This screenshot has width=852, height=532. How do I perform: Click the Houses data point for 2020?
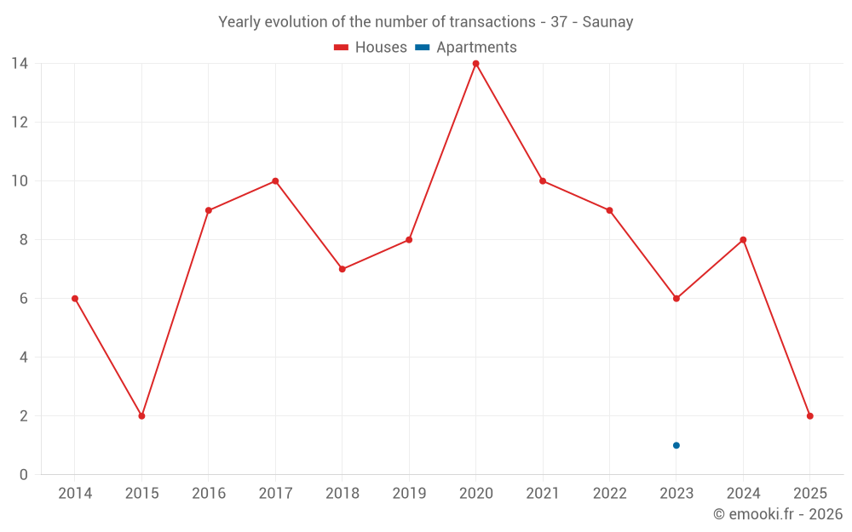coord(475,64)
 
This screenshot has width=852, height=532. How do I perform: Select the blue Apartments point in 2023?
coord(676,445)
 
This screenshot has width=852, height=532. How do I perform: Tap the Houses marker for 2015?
coord(141,416)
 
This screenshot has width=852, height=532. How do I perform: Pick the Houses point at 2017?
coord(275,181)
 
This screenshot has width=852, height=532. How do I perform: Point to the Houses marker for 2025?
coord(810,416)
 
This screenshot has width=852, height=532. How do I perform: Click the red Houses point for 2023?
coord(676,299)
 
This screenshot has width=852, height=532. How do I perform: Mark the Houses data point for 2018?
coord(342,269)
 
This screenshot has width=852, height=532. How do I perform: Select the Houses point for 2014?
coord(75,299)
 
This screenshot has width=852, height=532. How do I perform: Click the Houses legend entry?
coord(371,48)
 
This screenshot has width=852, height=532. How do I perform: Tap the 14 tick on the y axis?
coord(20,64)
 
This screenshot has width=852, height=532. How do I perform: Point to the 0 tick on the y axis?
coord(24,475)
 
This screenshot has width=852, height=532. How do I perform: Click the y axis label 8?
coord(24,240)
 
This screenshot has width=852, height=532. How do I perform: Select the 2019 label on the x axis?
coord(409,494)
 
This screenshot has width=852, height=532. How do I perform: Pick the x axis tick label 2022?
coord(609,494)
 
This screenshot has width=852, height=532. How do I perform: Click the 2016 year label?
coord(209,494)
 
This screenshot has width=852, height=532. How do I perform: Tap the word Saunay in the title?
coord(607,22)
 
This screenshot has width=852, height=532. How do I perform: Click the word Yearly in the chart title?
coord(239,22)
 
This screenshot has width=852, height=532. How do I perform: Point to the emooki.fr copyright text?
coord(777,514)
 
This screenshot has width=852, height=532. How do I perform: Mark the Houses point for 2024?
coord(743,240)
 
